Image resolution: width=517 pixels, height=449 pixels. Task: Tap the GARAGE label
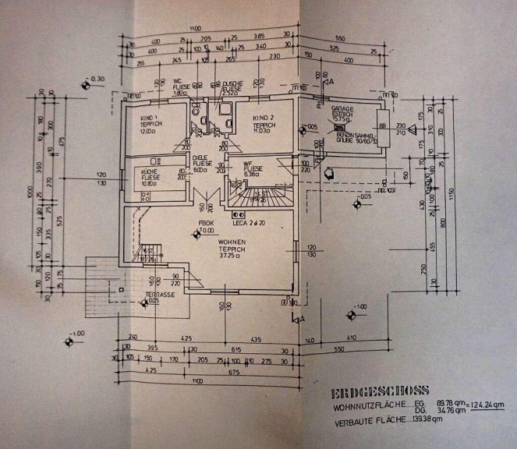pyautogui.click(x=344, y=109)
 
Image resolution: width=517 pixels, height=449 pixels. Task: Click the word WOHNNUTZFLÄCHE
pyautogui.click(x=363, y=406)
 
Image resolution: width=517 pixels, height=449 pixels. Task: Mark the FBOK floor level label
pyautogui.click(x=206, y=224)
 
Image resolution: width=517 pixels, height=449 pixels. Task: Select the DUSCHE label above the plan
pyautogui.click(x=232, y=83)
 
